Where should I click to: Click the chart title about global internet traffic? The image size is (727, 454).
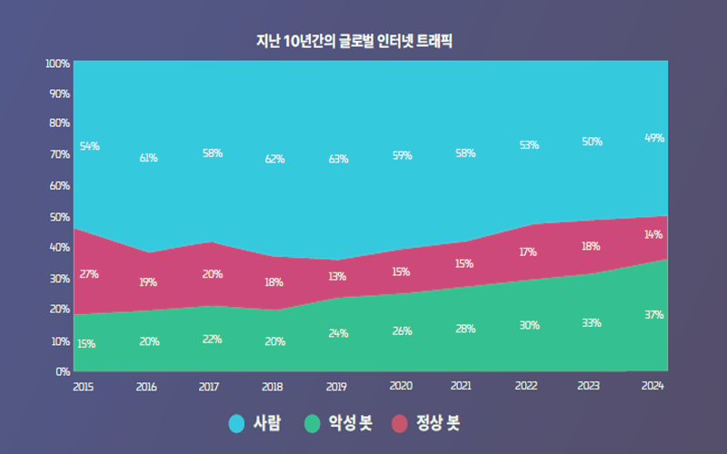(354, 41)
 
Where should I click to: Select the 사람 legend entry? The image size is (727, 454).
(256, 423)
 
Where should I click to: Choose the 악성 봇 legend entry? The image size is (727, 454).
(339, 423)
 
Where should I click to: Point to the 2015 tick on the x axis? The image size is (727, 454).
(83, 386)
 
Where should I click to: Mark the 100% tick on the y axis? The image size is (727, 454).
(57, 64)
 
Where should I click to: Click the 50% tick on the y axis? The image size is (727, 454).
(59, 217)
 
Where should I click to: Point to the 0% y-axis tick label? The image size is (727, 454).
(62, 371)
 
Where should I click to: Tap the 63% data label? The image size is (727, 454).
(338, 160)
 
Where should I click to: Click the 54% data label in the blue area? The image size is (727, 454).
(89, 146)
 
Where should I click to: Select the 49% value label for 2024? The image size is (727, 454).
(654, 138)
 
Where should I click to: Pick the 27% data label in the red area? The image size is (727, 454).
(89, 274)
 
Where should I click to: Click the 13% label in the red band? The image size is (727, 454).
(338, 277)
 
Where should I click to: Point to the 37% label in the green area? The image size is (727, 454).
(654, 315)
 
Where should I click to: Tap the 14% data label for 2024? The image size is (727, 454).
(653, 234)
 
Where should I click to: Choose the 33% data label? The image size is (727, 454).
(591, 322)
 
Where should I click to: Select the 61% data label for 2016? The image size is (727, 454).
(148, 158)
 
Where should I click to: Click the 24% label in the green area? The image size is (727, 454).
(338, 333)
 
